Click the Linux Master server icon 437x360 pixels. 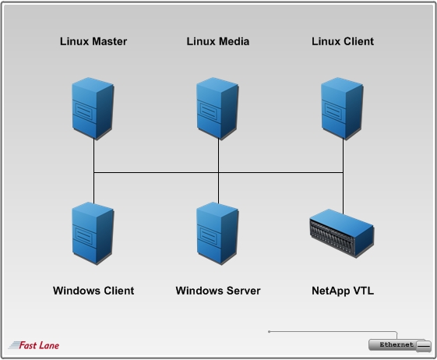pyautogui.click(x=93, y=108)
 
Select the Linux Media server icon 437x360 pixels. pyautogui.click(x=217, y=108)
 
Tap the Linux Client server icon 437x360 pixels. pyautogui.click(x=342, y=108)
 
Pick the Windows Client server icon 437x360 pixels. pyautogui.click(x=93, y=233)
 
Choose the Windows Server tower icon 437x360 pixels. pyautogui.click(x=217, y=233)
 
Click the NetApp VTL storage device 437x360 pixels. pyautogui.click(x=342, y=234)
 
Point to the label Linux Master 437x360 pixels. pyautogui.click(x=93, y=41)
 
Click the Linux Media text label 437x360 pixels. pyautogui.click(x=218, y=41)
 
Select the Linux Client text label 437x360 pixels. pyautogui.click(x=343, y=41)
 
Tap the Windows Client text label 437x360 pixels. pyautogui.click(x=93, y=291)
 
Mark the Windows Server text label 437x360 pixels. pyautogui.click(x=218, y=291)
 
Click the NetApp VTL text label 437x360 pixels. pyautogui.click(x=343, y=291)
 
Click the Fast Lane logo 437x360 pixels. pyautogui.click(x=33, y=345)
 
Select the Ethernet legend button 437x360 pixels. pyautogui.click(x=400, y=345)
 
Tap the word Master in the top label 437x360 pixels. pyautogui.click(x=110, y=41)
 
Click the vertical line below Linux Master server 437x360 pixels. pyautogui.click(x=94, y=171)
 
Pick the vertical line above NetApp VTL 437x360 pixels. pyautogui.click(x=343, y=176)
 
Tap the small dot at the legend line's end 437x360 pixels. pyautogui.click(x=269, y=331)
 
